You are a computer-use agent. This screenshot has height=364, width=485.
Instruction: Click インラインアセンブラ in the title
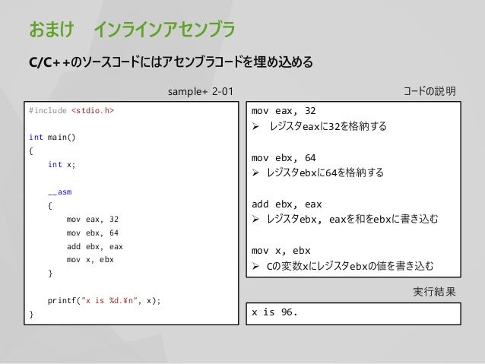click(x=164, y=30)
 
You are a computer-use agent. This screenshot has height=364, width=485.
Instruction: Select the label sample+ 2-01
click(x=201, y=92)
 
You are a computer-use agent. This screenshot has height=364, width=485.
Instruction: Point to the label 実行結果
click(x=435, y=292)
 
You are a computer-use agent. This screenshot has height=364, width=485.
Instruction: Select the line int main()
click(x=52, y=138)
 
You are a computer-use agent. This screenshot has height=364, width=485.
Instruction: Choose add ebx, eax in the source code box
click(x=94, y=246)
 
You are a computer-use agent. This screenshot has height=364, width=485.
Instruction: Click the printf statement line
click(x=104, y=300)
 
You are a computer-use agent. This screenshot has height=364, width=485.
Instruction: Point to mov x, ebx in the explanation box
click(x=281, y=250)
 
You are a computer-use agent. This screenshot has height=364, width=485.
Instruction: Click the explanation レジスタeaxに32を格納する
click(x=328, y=127)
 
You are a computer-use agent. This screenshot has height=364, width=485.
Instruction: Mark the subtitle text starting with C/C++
click(x=170, y=62)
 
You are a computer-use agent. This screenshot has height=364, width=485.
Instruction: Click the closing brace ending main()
click(x=30, y=313)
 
